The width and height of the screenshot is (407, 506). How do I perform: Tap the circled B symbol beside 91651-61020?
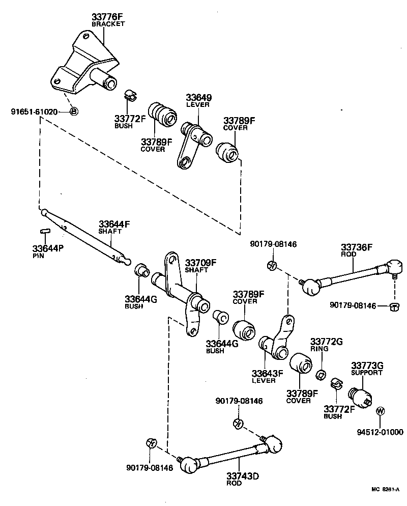[x=73, y=111]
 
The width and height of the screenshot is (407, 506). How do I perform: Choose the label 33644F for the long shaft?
[x=114, y=223]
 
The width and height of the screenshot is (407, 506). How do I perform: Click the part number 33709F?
[x=200, y=263]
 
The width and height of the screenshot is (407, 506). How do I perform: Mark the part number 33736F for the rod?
[x=357, y=247]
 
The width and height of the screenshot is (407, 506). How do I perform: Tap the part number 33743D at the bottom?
[x=243, y=476]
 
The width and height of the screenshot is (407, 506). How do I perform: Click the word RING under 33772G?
[x=319, y=350]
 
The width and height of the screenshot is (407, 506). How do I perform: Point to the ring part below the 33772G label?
[x=321, y=375]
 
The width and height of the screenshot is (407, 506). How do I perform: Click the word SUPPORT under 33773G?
[x=366, y=373]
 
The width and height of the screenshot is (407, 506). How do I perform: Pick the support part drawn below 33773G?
[x=360, y=396]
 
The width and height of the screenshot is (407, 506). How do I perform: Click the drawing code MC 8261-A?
[x=385, y=490]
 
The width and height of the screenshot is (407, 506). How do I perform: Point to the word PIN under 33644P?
[x=39, y=256]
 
